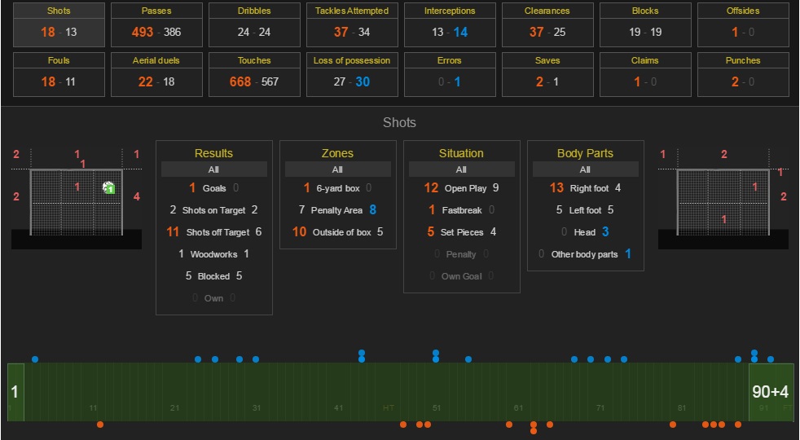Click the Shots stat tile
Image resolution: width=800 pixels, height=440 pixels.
coord(59,24)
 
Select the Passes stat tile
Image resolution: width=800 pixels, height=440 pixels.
coord(156,24)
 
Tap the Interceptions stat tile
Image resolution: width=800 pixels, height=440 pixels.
coord(450,24)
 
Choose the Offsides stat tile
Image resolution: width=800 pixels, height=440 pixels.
coord(743,24)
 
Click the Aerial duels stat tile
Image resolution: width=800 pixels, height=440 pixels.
coord(156,73)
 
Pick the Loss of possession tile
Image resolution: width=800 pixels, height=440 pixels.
coord(352,73)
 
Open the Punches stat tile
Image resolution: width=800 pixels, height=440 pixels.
coord(743,73)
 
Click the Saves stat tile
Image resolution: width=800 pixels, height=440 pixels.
coord(547,73)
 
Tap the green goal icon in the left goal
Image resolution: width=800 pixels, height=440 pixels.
coord(109,188)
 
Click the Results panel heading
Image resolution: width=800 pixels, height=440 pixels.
coord(213,153)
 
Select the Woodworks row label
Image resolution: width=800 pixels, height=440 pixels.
coord(213,254)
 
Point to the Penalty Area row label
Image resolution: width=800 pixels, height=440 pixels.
coord(336,210)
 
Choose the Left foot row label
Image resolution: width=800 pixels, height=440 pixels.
coord(585,210)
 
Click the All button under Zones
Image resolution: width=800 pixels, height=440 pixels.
coord(337,169)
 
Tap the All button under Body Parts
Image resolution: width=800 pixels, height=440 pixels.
coord(585,169)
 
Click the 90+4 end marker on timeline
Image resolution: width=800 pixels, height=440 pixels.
coord(771,392)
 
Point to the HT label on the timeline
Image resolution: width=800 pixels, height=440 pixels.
coord(389,407)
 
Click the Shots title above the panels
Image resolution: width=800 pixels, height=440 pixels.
coord(399,123)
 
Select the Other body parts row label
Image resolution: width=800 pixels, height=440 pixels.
coord(584,254)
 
